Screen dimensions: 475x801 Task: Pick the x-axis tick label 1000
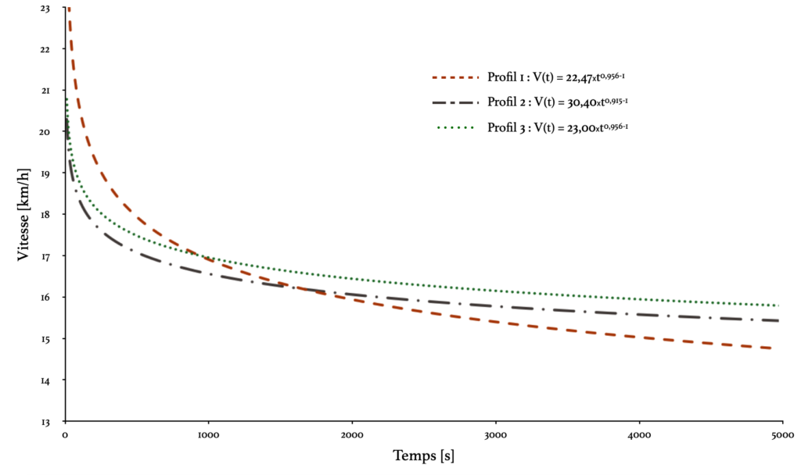208,434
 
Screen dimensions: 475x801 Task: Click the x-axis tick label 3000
496,434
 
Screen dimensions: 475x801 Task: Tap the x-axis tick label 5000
783,434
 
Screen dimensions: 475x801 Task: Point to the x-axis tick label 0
65,434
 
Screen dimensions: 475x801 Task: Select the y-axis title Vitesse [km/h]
24,215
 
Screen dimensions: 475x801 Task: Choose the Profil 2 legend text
558,102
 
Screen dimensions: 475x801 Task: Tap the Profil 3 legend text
558,126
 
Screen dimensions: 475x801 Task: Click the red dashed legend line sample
454,77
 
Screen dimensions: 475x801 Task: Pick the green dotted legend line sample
454,127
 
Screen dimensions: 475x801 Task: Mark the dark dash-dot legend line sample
454,102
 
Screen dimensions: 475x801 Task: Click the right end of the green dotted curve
779,305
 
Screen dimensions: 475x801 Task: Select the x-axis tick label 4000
639,434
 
